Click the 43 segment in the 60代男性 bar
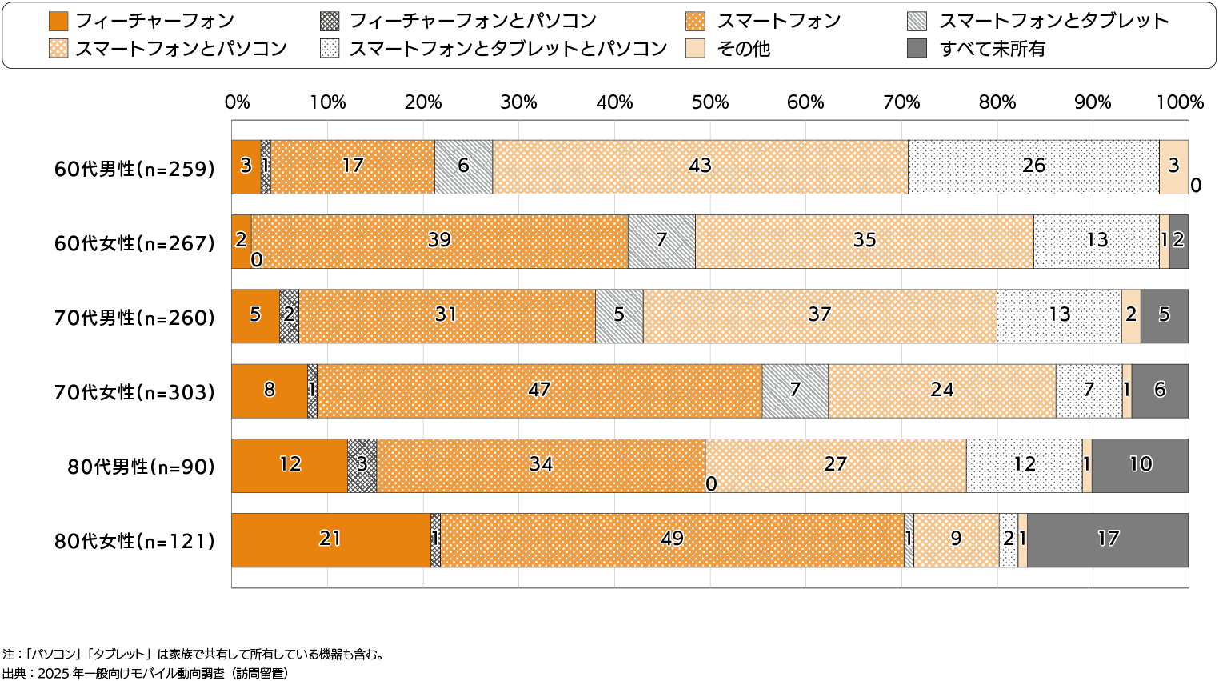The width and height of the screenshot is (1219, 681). tap(700, 166)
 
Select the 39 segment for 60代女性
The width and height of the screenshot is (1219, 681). tap(439, 241)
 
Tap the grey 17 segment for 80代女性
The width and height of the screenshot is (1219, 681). tap(1108, 539)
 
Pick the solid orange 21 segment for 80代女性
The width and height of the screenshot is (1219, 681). tap(330, 539)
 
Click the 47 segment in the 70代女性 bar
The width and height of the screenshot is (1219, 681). tap(539, 391)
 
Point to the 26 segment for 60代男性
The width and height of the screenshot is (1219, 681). tap(1033, 166)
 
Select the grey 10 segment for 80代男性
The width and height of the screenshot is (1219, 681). tap(1140, 465)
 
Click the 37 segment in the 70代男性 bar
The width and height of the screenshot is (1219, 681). tap(820, 315)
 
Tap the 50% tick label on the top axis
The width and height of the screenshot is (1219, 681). tap(710, 102)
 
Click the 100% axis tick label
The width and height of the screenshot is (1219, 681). tap(1181, 102)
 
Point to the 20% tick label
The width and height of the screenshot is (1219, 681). tap(423, 102)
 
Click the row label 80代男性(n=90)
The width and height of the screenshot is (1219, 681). tap(142, 467)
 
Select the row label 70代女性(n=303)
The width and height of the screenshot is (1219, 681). tap(134, 392)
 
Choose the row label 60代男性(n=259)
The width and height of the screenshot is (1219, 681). tap(134, 169)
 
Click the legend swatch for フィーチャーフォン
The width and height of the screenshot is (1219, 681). tap(58, 21)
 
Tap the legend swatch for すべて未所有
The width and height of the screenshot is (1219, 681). tap(917, 49)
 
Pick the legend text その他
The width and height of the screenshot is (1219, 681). tap(744, 49)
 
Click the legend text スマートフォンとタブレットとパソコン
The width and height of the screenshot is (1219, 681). tap(508, 49)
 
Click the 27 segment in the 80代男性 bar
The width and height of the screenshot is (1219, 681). tap(835, 465)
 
